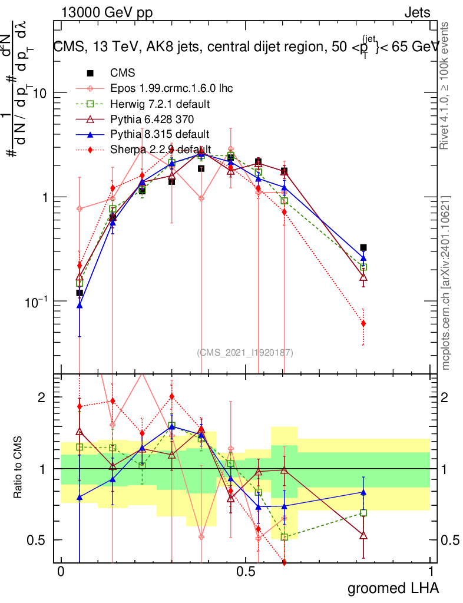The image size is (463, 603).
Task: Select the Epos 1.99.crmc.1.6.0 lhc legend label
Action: [171, 89]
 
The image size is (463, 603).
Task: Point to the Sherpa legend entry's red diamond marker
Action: [90, 150]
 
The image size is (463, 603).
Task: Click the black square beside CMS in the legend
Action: [90, 73]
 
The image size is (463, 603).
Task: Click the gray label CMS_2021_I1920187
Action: [244, 353]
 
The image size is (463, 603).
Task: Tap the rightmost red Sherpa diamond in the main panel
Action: [363, 323]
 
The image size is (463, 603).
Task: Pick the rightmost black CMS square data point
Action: [363, 248]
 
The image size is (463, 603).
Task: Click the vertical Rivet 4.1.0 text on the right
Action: [446, 94]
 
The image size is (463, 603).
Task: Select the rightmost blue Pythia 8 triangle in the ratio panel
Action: [363, 492]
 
